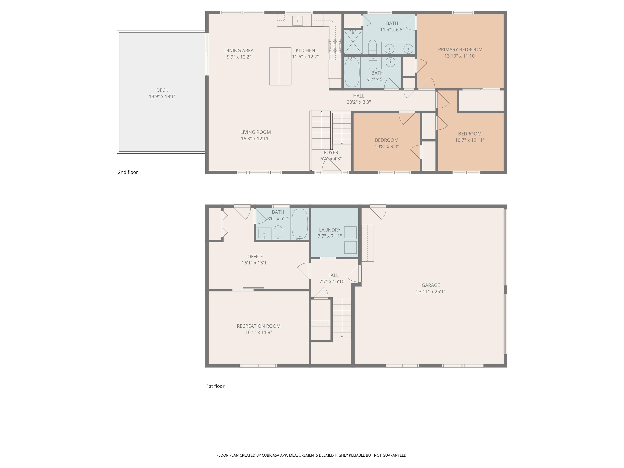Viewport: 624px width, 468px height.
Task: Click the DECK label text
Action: click(x=162, y=90)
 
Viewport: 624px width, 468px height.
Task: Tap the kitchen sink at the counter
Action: click(x=297, y=21)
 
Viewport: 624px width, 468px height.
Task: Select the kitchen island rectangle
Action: click(x=280, y=66)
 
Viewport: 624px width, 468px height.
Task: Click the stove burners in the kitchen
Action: click(x=335, y=46)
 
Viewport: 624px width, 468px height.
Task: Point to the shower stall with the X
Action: click(x=353, y=42)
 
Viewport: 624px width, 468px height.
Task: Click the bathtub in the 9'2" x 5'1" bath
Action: click(x=352, y=72)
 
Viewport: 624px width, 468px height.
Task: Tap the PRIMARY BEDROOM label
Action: click(x=460, y=50)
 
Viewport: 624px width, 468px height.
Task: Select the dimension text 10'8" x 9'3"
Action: click(x=387, y=146)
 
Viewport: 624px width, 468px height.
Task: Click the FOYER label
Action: click(x=331, y=153)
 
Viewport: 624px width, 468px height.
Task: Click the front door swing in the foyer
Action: click(x=331, y=166)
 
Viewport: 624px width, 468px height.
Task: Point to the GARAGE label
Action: click(x=430, y=285)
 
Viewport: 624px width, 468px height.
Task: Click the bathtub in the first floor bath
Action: click(x=299, y=224)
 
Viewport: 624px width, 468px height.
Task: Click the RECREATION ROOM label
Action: click(x=258, y=326)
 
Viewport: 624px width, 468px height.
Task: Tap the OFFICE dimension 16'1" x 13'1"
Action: click(x=255, y=263)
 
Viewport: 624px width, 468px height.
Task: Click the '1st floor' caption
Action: click(x=215, y=386)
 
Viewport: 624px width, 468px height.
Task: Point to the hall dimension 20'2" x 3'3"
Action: click(x=359, y=102)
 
